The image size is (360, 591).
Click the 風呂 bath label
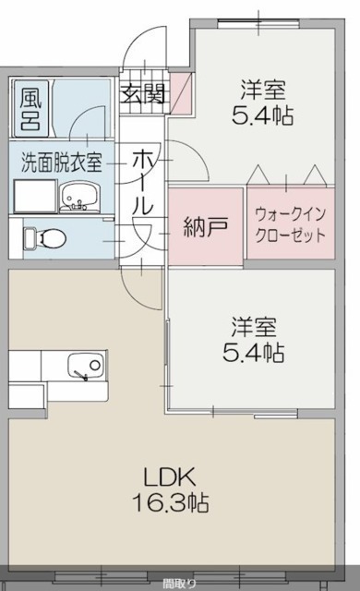tap(30, 109)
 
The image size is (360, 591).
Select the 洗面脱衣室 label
tap(61, 163)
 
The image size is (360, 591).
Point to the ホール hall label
tap(143, 182)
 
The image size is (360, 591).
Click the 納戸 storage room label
tap(205, 227)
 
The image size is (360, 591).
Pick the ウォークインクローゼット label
tap(291, 225)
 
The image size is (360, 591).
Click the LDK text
tap(170, 477)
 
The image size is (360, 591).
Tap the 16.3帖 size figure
tap(170, 502)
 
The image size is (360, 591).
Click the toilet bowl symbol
tap(45, 238)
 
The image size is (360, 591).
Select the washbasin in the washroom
tap(78, 197)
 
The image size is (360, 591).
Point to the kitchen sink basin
tap(86, 366)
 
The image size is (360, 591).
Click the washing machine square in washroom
tap(35, 195)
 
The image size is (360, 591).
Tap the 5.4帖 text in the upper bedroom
tap(262, 115)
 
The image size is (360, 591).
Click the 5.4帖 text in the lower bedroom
tap(253, 353)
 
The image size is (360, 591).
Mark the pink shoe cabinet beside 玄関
tap(181, 92)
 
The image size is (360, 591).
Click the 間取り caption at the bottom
tap(179, 585)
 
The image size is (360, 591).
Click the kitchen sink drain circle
tap(95, 365)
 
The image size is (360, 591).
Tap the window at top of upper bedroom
tap(258, 23)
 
